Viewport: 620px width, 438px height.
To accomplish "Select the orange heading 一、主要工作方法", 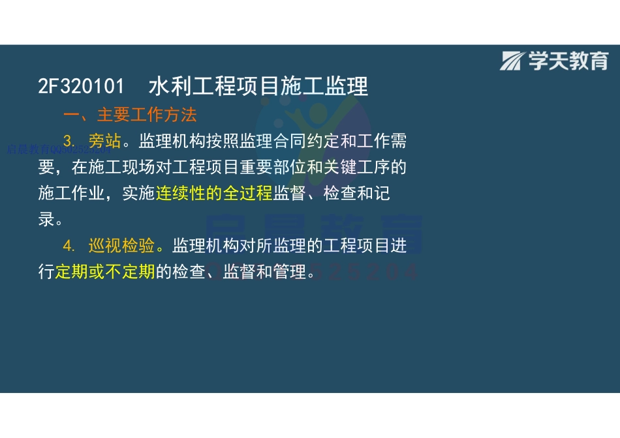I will (x=130, y=115).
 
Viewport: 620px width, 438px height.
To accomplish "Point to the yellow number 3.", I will (x=70, y=141).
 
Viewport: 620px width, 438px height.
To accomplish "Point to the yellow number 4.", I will (x=70, y=246).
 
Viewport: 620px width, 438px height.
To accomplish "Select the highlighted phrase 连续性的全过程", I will (x=213, y=194).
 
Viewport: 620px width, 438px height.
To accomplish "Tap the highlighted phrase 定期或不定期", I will (x=104, y=272).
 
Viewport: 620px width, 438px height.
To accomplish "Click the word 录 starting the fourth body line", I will (x=46, y=220).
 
